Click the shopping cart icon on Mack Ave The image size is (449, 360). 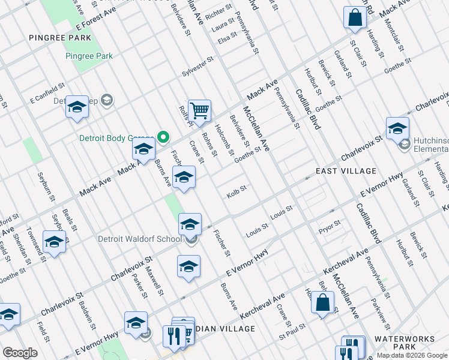[199, 110]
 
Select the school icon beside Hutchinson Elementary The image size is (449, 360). [397, 128]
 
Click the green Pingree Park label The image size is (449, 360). [89, 56]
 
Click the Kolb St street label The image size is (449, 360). [237, 196]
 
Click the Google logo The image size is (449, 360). [20, 353]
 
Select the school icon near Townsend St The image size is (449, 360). [55, 242]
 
